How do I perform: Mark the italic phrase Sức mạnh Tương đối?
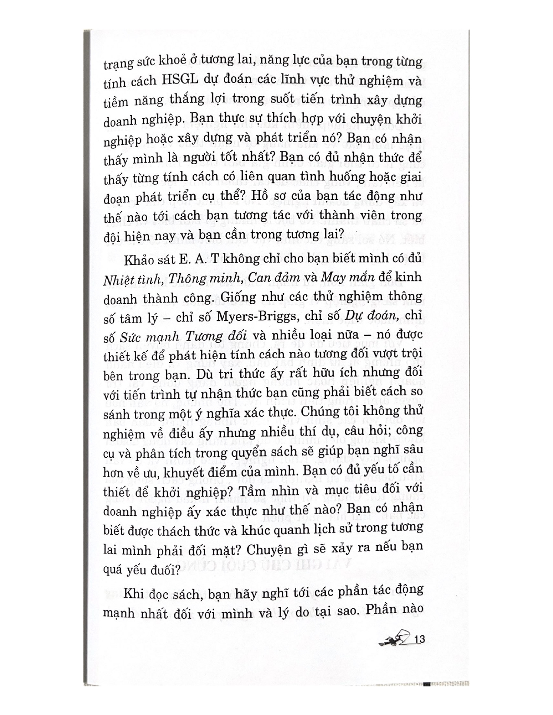[x=170, y=336]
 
